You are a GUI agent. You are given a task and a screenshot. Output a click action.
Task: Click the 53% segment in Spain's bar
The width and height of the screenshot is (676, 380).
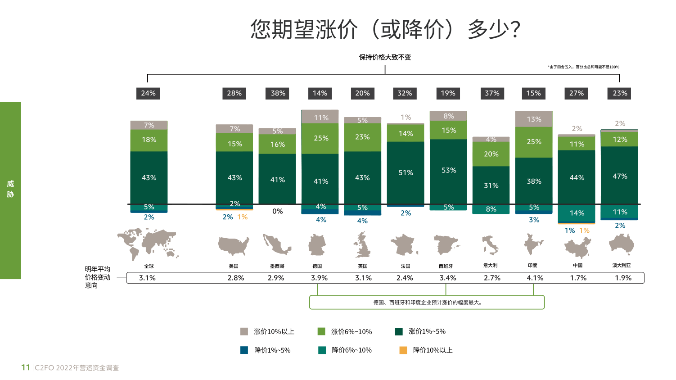coord(448,171)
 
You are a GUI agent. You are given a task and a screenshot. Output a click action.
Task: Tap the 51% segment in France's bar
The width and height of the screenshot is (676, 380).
coord(406,173)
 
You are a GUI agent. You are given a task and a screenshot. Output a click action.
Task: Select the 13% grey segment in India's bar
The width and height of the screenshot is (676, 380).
coord(534,119)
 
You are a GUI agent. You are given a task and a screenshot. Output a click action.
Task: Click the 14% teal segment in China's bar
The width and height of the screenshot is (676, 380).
coord(577,213)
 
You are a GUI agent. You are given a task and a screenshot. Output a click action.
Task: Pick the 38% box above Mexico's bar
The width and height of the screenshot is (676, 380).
coord(278,93)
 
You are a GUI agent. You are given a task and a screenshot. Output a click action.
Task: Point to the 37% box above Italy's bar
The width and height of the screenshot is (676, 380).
coord(492,93)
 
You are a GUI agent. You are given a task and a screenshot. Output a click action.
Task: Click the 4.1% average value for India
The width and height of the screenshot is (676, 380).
coord(535,278)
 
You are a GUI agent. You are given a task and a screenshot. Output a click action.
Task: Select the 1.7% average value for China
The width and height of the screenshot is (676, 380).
coord(578,278)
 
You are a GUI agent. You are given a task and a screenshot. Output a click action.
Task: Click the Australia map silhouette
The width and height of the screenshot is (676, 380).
coord(621,245)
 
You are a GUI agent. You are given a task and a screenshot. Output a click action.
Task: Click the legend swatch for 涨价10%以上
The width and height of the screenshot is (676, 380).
coord(244,332)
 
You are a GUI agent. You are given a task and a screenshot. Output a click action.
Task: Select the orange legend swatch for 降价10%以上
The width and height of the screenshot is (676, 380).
coord(403,350)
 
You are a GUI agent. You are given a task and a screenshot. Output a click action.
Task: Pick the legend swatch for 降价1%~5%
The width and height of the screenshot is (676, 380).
coord(244,350)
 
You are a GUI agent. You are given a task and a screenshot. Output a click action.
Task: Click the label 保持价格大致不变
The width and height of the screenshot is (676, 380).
coord(385,57)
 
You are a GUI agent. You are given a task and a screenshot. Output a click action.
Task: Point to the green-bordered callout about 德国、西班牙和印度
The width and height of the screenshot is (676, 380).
coord(427,303)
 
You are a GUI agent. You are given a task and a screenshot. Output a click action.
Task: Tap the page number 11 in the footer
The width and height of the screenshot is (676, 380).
coord(26,367)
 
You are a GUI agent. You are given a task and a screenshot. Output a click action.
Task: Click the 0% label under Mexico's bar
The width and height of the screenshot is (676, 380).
coord(278,211)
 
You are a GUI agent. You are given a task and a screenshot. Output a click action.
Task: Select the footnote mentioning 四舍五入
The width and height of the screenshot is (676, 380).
coord(583,67)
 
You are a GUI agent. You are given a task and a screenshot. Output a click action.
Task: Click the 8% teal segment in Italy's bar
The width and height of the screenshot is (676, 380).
coord(491,209)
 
